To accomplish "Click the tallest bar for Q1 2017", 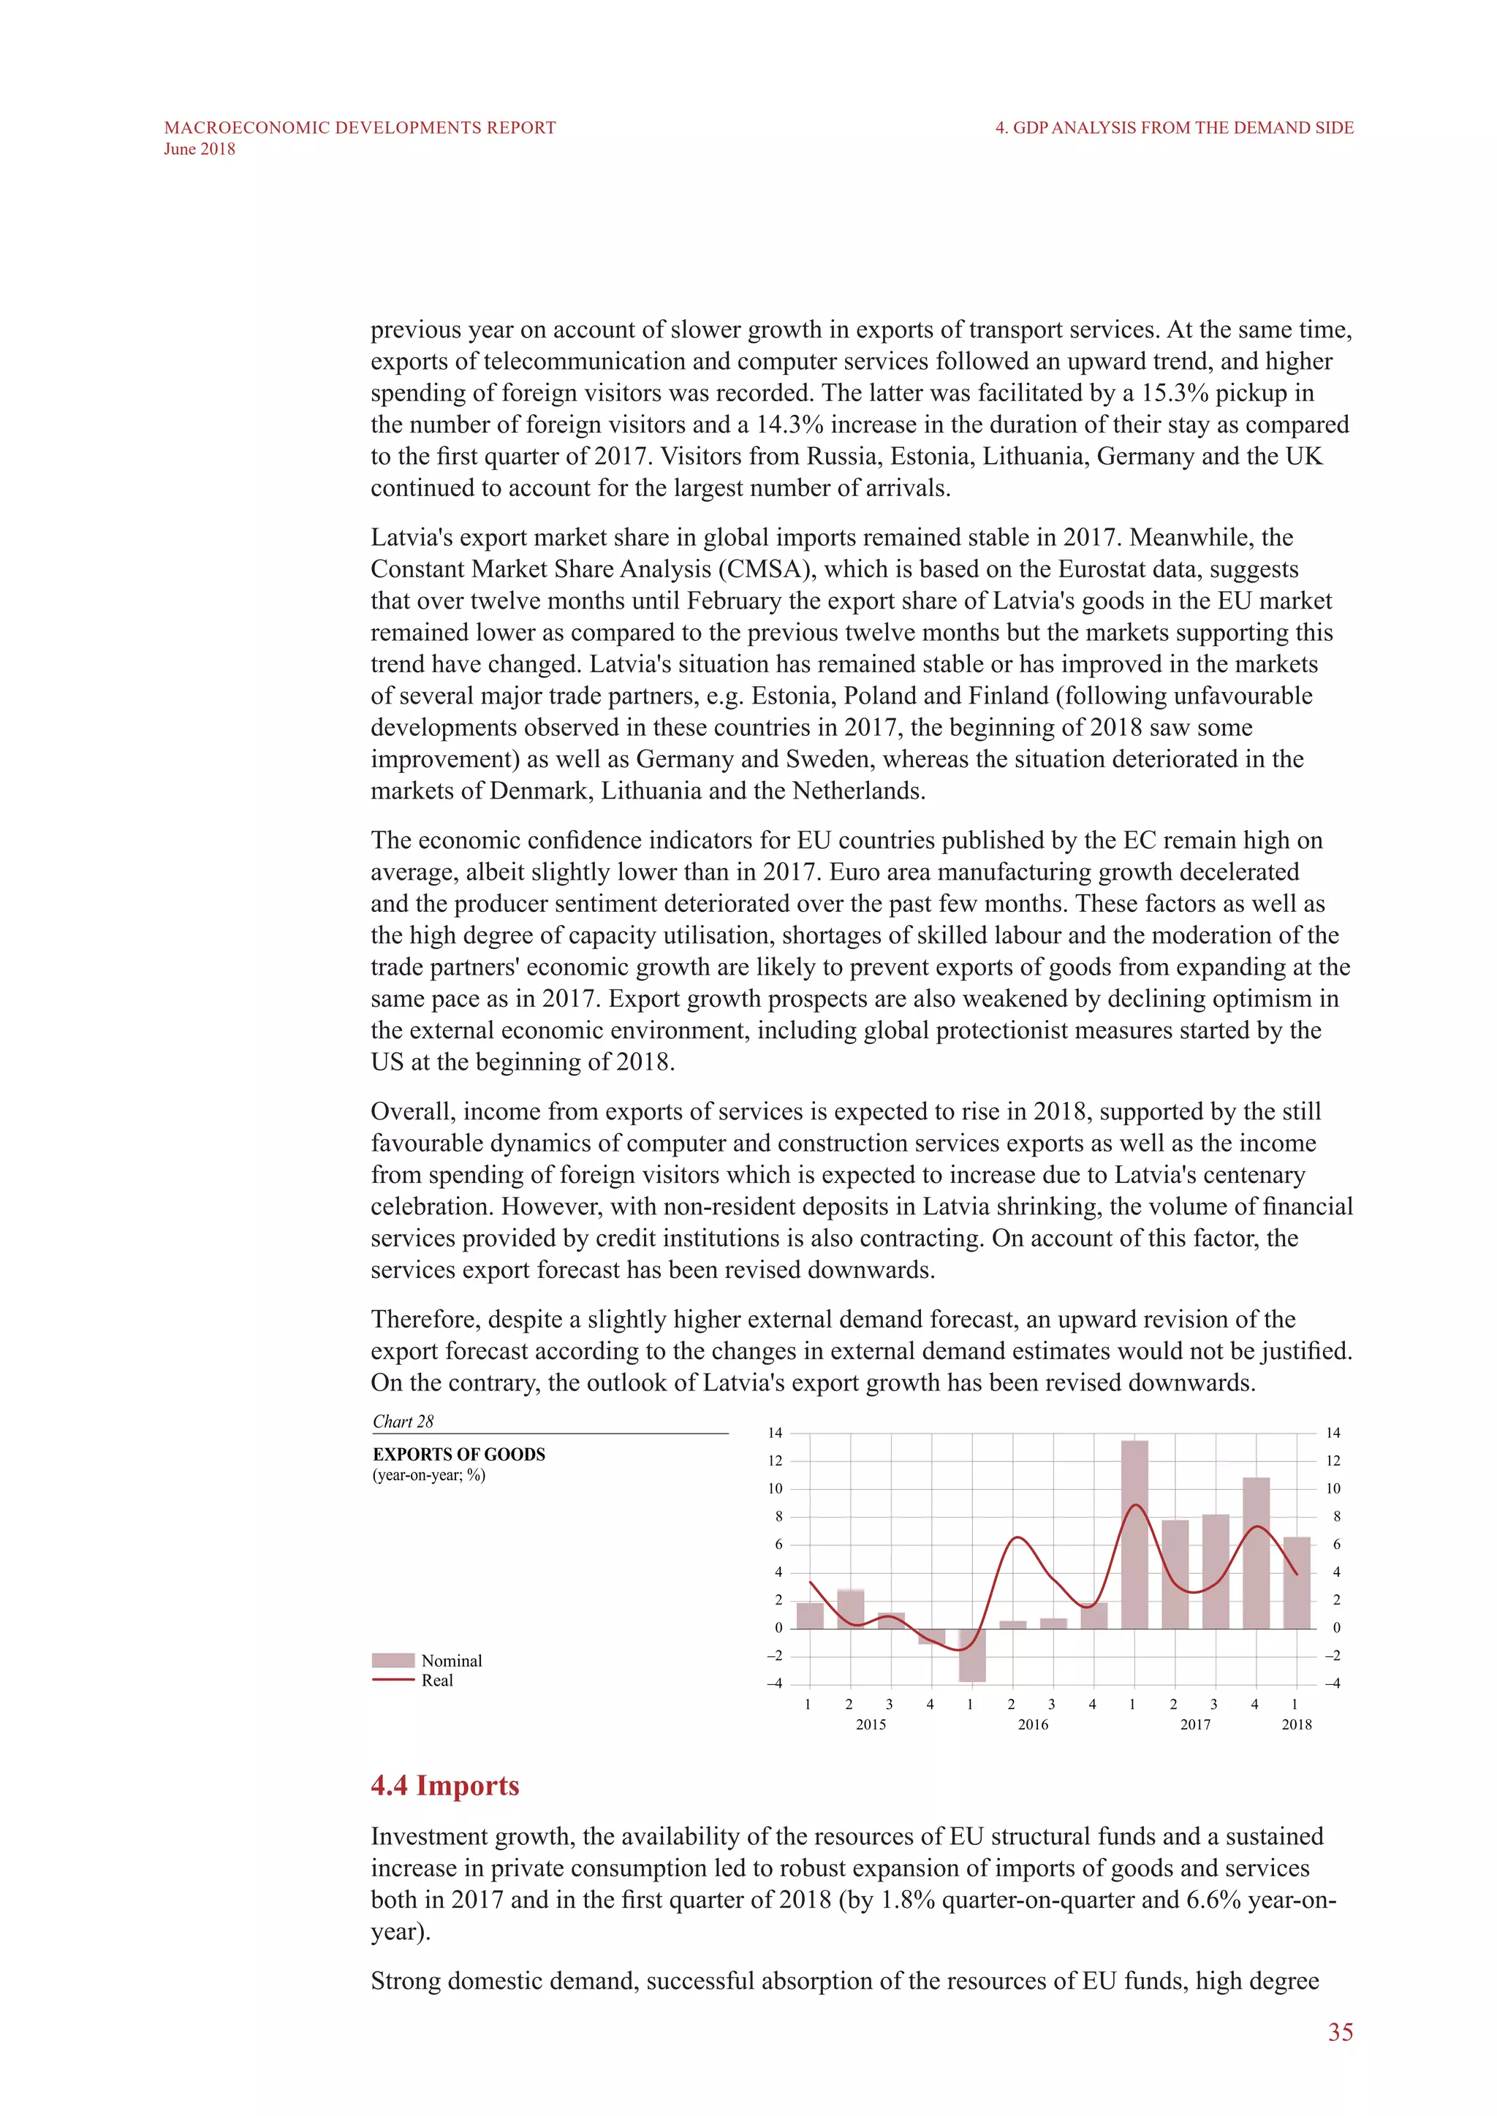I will tap(1134, 1534).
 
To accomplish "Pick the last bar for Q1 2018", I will tap(1296, 1583).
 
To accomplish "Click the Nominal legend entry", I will tap(451, 1661).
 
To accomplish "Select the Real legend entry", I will tap(437, 1680).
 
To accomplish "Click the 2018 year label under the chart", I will tap(1296, 1724).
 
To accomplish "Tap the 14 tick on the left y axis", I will tap(774, 1433).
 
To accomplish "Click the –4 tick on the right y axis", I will tap(1332, 1683).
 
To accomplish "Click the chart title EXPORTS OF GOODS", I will tap(458, 1454).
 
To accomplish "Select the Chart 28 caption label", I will tap(403, 1421).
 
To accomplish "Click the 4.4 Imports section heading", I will tap(444, 1785).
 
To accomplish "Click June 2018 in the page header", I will tap(199, 149).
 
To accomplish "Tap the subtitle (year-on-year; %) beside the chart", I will tap(428, 1475).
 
